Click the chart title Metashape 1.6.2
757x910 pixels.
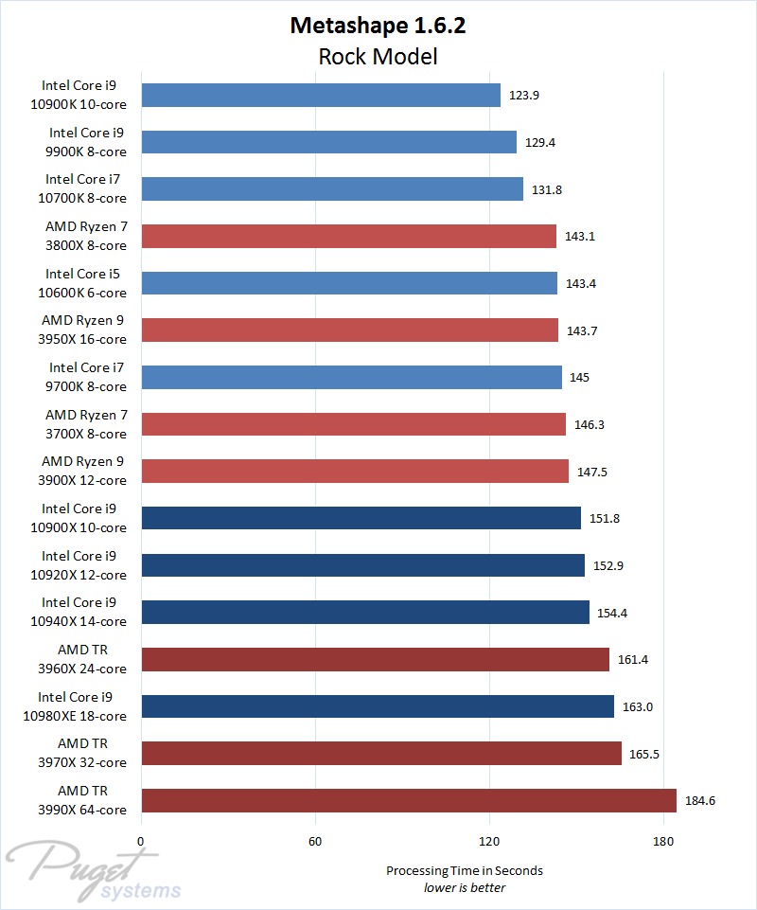378,26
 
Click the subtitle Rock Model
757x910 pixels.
378,57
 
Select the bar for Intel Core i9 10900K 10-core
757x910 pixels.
321,95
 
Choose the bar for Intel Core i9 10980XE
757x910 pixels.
378,706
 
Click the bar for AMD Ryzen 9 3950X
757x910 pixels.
349,330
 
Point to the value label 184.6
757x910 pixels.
700,801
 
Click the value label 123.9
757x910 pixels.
523,96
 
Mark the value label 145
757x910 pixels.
579,378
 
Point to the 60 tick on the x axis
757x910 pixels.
315,840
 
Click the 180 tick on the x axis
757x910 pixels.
663,840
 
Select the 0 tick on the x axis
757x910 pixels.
141,840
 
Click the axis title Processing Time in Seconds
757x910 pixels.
464,870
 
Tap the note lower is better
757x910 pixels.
464,887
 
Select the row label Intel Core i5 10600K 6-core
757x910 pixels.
85,283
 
